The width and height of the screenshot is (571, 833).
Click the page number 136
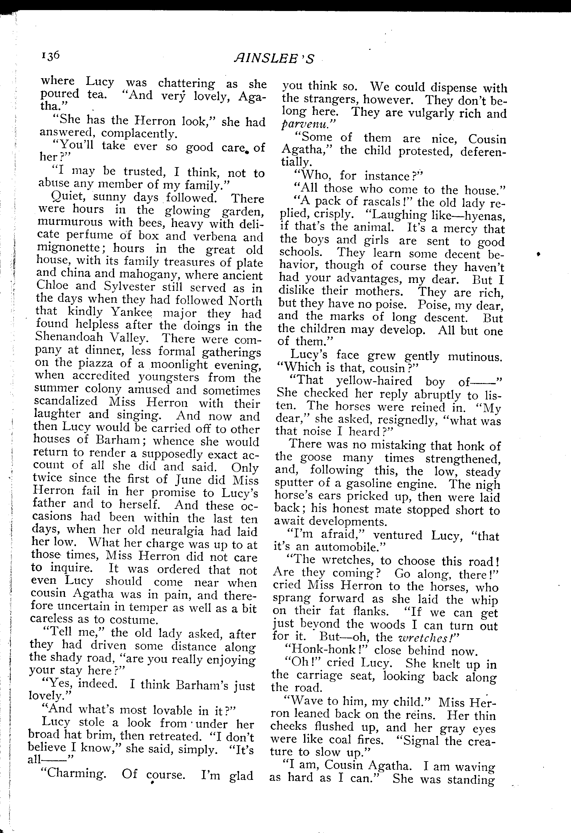click(50, 56)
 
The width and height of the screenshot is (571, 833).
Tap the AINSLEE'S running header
click(274, 58)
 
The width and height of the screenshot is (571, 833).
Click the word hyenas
click(484, 217)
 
